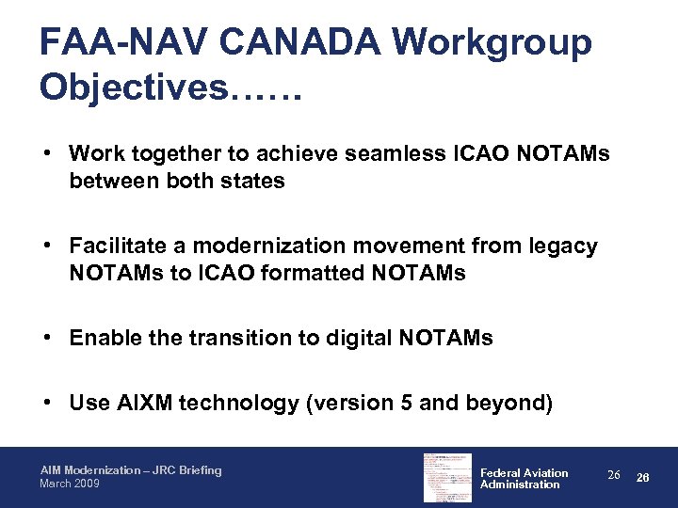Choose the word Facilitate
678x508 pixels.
point(119,246)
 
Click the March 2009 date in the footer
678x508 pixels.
point(68,484)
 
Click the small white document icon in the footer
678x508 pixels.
point(447,477)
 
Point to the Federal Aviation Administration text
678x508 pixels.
point(524,478)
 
